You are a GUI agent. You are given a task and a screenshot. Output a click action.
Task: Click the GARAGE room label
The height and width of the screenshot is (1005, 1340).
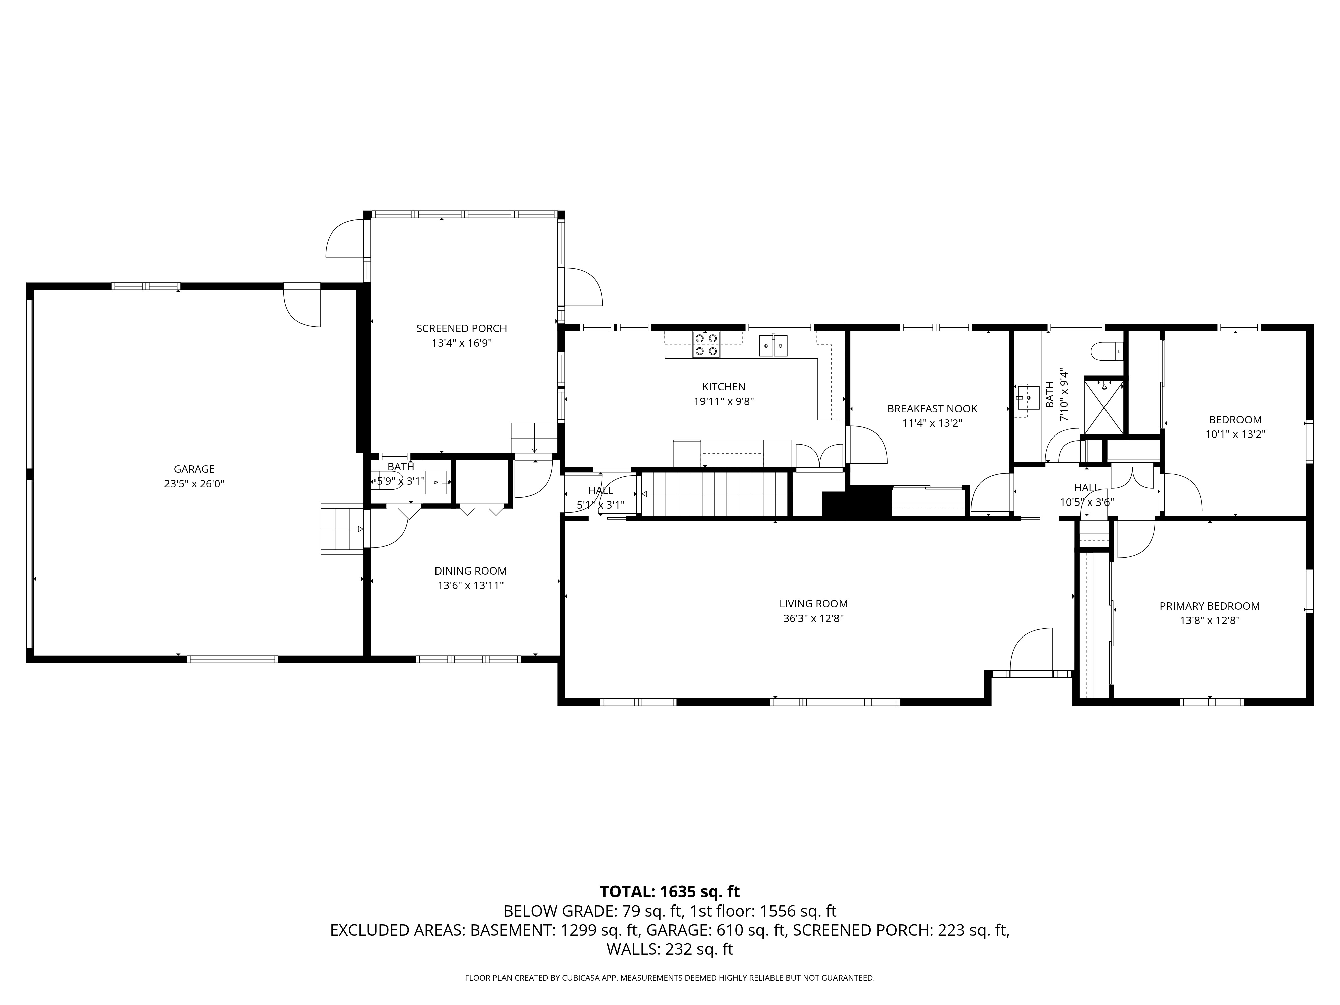[194, 469]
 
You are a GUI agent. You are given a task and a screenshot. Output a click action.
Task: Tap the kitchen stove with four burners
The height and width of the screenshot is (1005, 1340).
[706, 345]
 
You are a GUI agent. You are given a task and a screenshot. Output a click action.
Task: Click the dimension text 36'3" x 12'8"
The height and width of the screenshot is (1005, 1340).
[813, 618]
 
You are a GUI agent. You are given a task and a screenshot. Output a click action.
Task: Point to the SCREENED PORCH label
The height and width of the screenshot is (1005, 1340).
[461, 328]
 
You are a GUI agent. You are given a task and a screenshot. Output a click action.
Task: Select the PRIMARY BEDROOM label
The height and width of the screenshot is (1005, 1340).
[1209, 606]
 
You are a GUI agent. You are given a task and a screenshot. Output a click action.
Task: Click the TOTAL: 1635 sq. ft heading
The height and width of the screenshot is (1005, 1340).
[669, 892]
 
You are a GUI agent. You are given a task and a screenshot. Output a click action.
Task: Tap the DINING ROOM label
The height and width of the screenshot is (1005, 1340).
[470, 571]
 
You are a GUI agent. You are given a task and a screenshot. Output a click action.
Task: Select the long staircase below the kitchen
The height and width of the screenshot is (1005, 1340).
[715, 494]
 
